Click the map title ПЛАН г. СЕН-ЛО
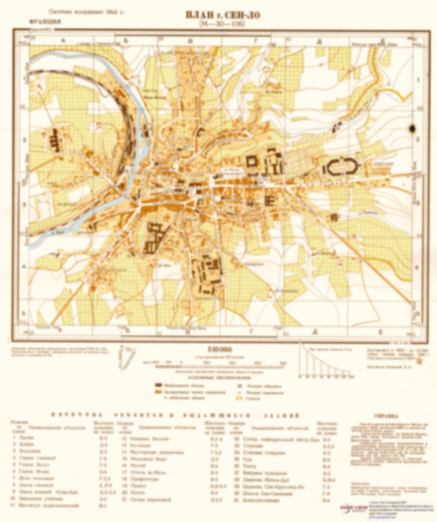pyautogui.click(x=223, y=15)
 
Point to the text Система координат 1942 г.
pyautogui.click(x=86, y=12)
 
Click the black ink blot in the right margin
pyautogui.click(x=413, y=129)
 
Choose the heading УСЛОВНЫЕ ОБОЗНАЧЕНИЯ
pyautogui.click(x=220, y=378)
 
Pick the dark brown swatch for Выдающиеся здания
pyautogui.click(x=158, y=385)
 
